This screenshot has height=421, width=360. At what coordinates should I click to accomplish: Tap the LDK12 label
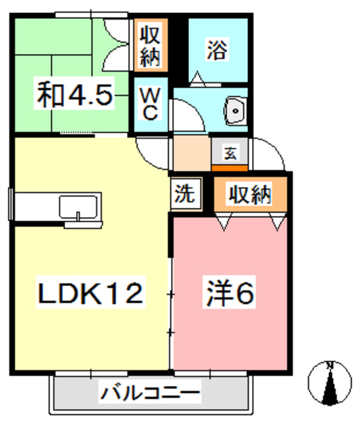point(88,293)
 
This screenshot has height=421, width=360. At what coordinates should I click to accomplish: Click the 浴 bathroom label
point(217,51)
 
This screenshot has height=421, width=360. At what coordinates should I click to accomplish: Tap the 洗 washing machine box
point(185,195)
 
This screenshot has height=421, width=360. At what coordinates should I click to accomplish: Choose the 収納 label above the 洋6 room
point(251,194)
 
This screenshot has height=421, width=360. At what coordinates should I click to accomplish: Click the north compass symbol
point(332,382)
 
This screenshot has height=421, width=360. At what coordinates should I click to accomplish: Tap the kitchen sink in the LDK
point(79,209)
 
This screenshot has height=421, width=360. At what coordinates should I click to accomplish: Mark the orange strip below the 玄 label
point(230,167)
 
